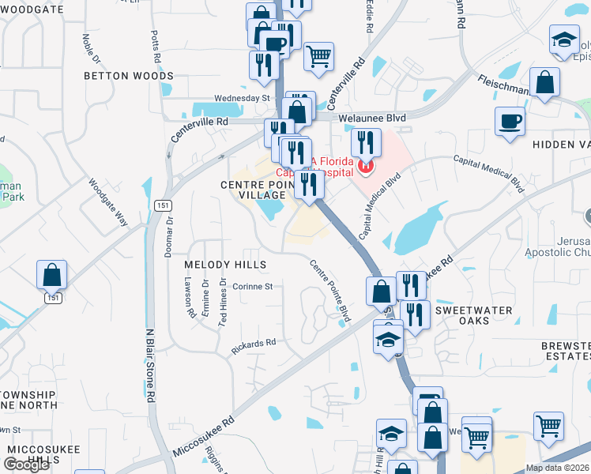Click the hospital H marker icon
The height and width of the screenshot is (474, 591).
pos(365,166)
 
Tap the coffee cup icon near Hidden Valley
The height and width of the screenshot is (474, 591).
pos(510,122)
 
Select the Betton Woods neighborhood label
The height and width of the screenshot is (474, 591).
pos(130,76)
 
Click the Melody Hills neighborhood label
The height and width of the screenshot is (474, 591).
pos(224,263)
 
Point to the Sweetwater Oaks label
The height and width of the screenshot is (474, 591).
pos(473,311)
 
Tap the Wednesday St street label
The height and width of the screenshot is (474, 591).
pos(243,98)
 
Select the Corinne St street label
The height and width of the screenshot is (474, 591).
pos(252,287)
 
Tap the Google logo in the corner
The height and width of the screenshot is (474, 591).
pos(26,465)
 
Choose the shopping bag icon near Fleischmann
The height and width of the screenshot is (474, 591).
pos(545,81)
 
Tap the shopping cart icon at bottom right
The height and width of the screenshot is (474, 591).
pos(548,426)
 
